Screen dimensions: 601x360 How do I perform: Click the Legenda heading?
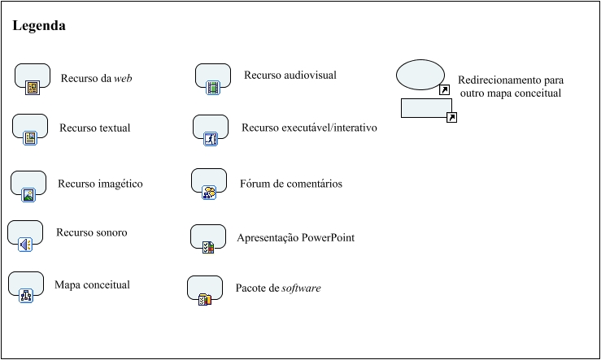(x=39, y=26)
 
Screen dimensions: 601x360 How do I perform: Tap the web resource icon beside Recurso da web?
(x=33, y=88)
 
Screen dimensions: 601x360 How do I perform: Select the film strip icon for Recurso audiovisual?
(x=213, y=88)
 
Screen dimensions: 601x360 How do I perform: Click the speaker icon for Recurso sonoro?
(x=25, y=245)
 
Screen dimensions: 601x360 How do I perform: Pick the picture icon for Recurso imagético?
(x=28, y=195)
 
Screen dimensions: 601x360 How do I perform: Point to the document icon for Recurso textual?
(x=30, y=138)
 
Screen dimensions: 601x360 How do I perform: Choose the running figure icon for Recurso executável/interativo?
(x=211, y=139)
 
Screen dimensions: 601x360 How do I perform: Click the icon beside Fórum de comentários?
(x=209, y=193)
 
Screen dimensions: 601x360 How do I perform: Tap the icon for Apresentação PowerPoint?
(x=208, y=247)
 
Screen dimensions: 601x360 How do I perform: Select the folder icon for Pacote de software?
(x=205, y=299)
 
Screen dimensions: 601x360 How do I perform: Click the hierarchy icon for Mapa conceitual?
(x=26, y=296)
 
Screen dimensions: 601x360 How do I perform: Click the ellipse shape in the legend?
(x=420, y=75)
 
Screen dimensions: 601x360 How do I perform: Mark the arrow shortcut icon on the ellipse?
(x=445, y=90)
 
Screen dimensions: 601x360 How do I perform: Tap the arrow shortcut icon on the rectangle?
(x=452, y=118)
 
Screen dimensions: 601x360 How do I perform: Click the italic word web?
(x=123, y=79)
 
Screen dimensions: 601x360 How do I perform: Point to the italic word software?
(x=301, y=288)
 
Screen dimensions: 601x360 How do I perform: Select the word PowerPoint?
(x=328, y=238)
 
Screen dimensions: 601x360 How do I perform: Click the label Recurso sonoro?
(x=92, y=232)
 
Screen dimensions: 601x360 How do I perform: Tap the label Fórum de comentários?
(x=291, y=184)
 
